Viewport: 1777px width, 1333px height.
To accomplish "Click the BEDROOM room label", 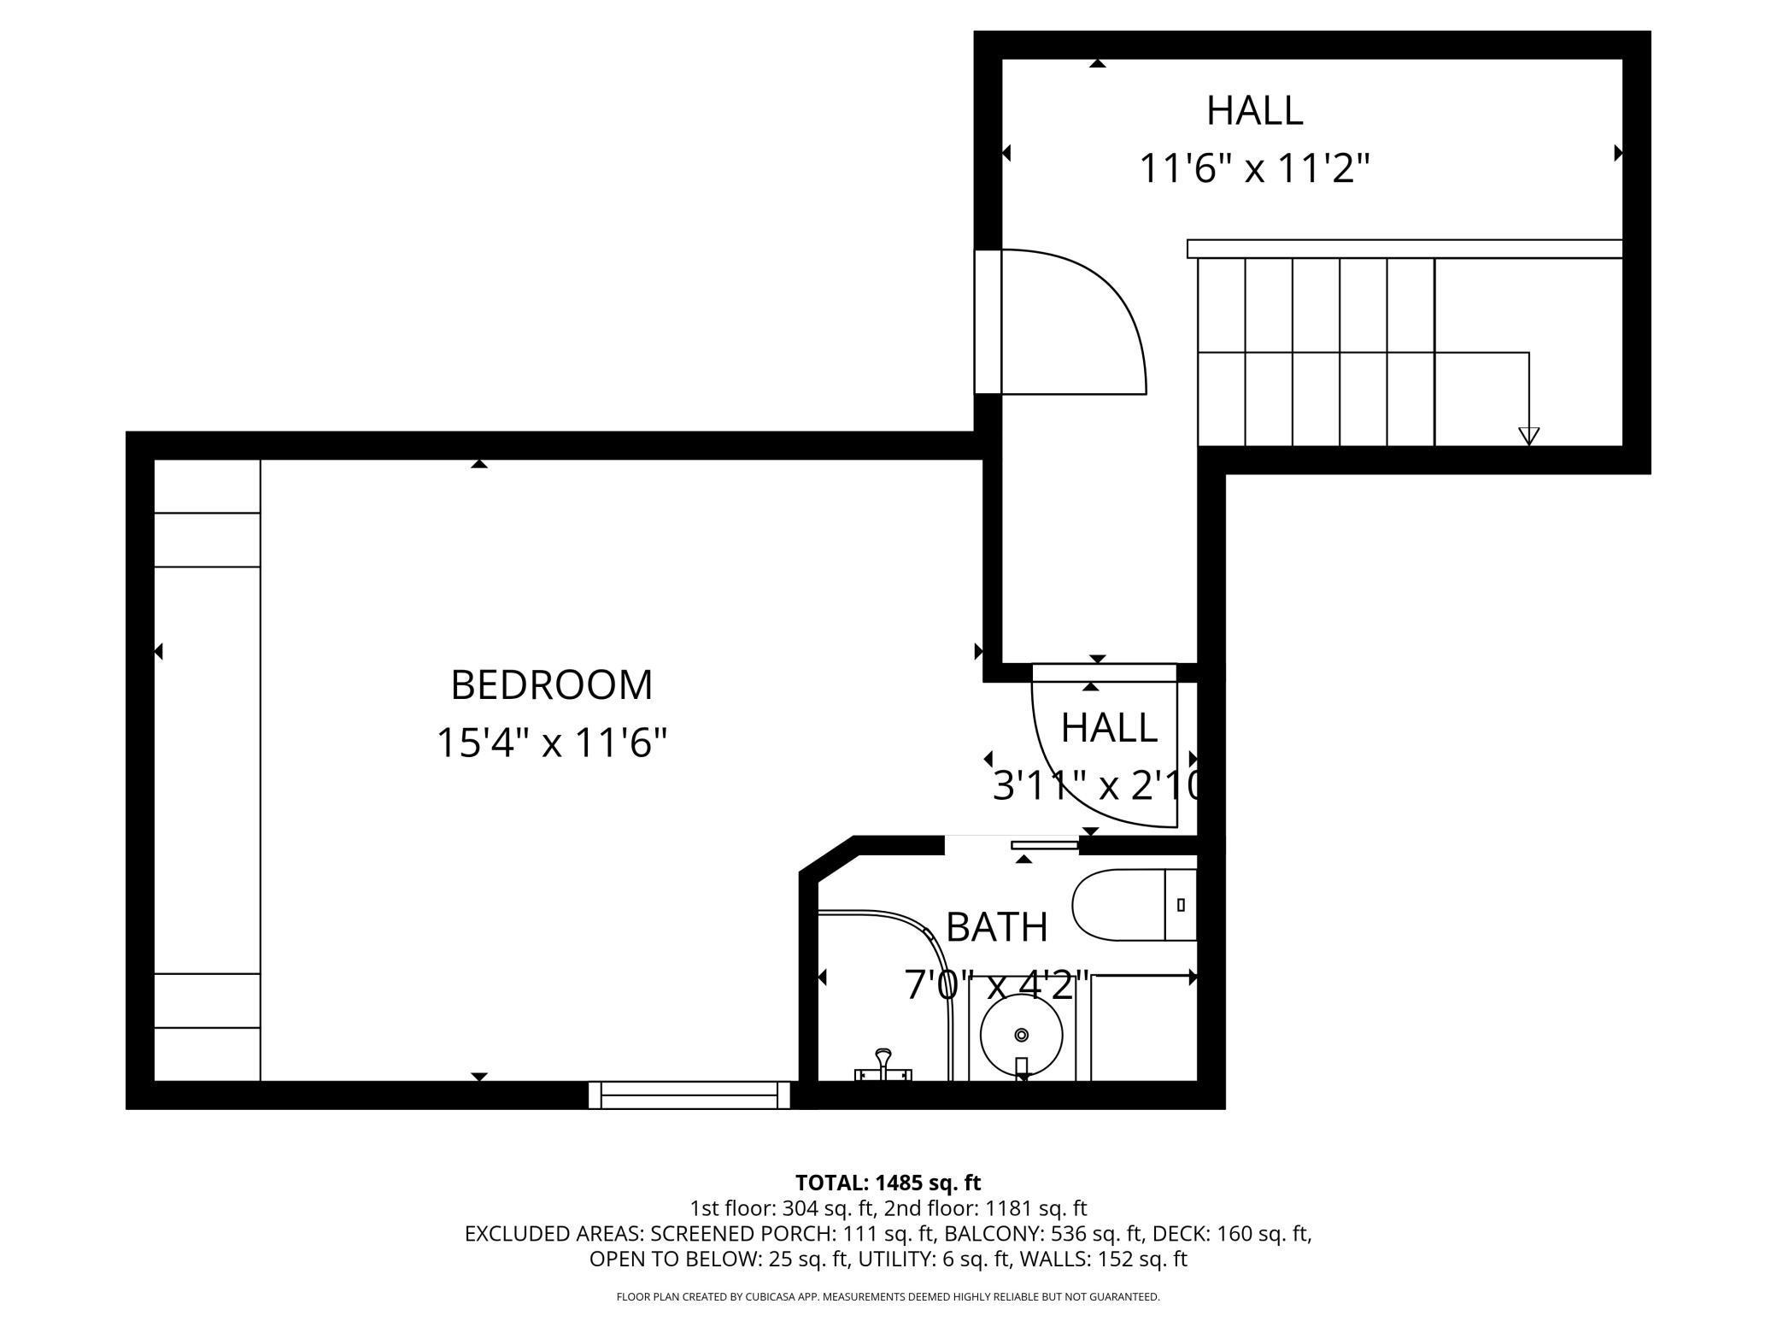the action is (551, 684).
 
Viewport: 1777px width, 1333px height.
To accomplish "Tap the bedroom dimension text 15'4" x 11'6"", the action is (551, 742).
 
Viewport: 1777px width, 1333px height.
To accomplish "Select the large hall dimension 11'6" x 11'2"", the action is (1254, 167).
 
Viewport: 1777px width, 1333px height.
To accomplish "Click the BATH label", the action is (997, 927).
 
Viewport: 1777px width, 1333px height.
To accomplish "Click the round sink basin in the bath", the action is (1022, 1035).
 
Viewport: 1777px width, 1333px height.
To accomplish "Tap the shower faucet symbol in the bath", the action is (883, 1066).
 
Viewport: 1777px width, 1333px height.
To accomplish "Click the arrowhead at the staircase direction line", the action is (1528, 436).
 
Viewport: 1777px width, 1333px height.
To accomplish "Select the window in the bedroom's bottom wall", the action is (689, 1095).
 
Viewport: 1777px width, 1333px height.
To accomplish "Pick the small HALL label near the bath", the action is (1109, 728).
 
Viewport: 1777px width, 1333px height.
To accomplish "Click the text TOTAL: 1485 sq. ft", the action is (888, 1183).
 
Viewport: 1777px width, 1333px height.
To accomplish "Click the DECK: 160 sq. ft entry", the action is (1232, 1234).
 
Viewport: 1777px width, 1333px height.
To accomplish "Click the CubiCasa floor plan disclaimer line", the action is (888, 1297).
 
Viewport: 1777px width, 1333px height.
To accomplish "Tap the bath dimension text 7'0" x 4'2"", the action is (997, 984).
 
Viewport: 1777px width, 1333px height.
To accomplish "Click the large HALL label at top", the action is (1254, 110).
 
